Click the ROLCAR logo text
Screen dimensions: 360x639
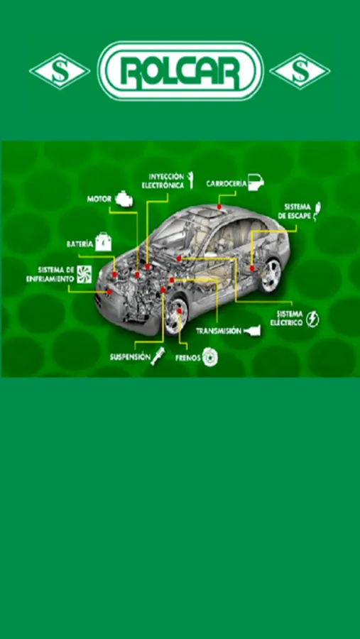tap(180, 71)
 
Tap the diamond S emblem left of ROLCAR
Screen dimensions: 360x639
tap(60, 71)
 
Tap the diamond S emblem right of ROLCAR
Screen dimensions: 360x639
tap(300, 71)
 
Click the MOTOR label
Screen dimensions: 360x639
tap(99, 199)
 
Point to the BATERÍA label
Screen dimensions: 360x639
tap(80, 244)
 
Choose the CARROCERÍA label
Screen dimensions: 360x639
tap(227, 183)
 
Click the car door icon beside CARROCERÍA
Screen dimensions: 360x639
tap(256, 182)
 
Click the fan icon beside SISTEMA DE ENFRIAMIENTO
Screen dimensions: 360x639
tap(84, 274)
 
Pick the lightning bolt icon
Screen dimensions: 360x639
tap(312, 319)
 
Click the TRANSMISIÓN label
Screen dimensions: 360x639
tap(219, 331)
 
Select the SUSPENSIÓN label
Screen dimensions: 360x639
tap(128, 356)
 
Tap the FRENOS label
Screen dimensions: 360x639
tap(188, 359)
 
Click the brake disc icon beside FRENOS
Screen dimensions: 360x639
tap(210, 356)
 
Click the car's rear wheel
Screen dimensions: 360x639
tap(271, 275)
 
